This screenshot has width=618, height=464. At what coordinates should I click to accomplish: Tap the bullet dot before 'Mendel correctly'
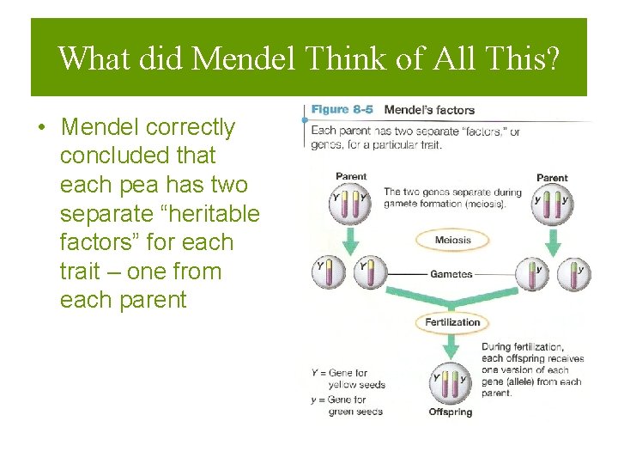coord(40,128)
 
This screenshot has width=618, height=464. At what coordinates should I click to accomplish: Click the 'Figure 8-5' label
coord(342,110)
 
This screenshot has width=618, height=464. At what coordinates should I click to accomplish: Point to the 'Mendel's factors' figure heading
coord(429,110)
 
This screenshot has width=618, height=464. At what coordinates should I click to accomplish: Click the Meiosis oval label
coord(452,240)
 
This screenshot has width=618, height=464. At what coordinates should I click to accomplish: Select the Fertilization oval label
coord(452,322)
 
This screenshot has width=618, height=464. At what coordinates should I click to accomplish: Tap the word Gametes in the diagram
coord(451,274)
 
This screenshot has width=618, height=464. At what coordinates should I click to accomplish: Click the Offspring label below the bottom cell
coord(451,412)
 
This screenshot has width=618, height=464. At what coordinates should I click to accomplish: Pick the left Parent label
coord(351,177)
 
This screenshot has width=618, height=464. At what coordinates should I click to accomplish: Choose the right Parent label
coord(552,178)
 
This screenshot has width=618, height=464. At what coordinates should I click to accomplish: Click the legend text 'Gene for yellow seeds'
coord(351,379)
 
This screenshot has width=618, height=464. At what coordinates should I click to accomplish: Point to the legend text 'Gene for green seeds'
coord(351,406)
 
